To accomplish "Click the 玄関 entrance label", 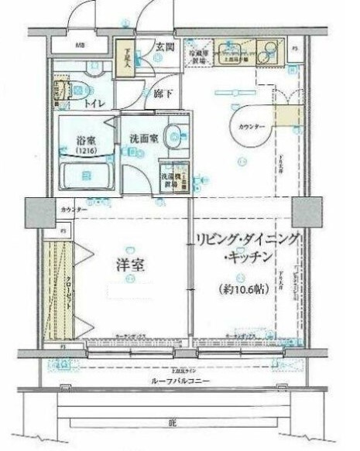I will tap(164, 47).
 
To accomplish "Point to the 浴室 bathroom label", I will tap(86, 142).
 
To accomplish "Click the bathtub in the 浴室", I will tap(87, 176).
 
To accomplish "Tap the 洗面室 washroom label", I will tap(145, 138).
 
